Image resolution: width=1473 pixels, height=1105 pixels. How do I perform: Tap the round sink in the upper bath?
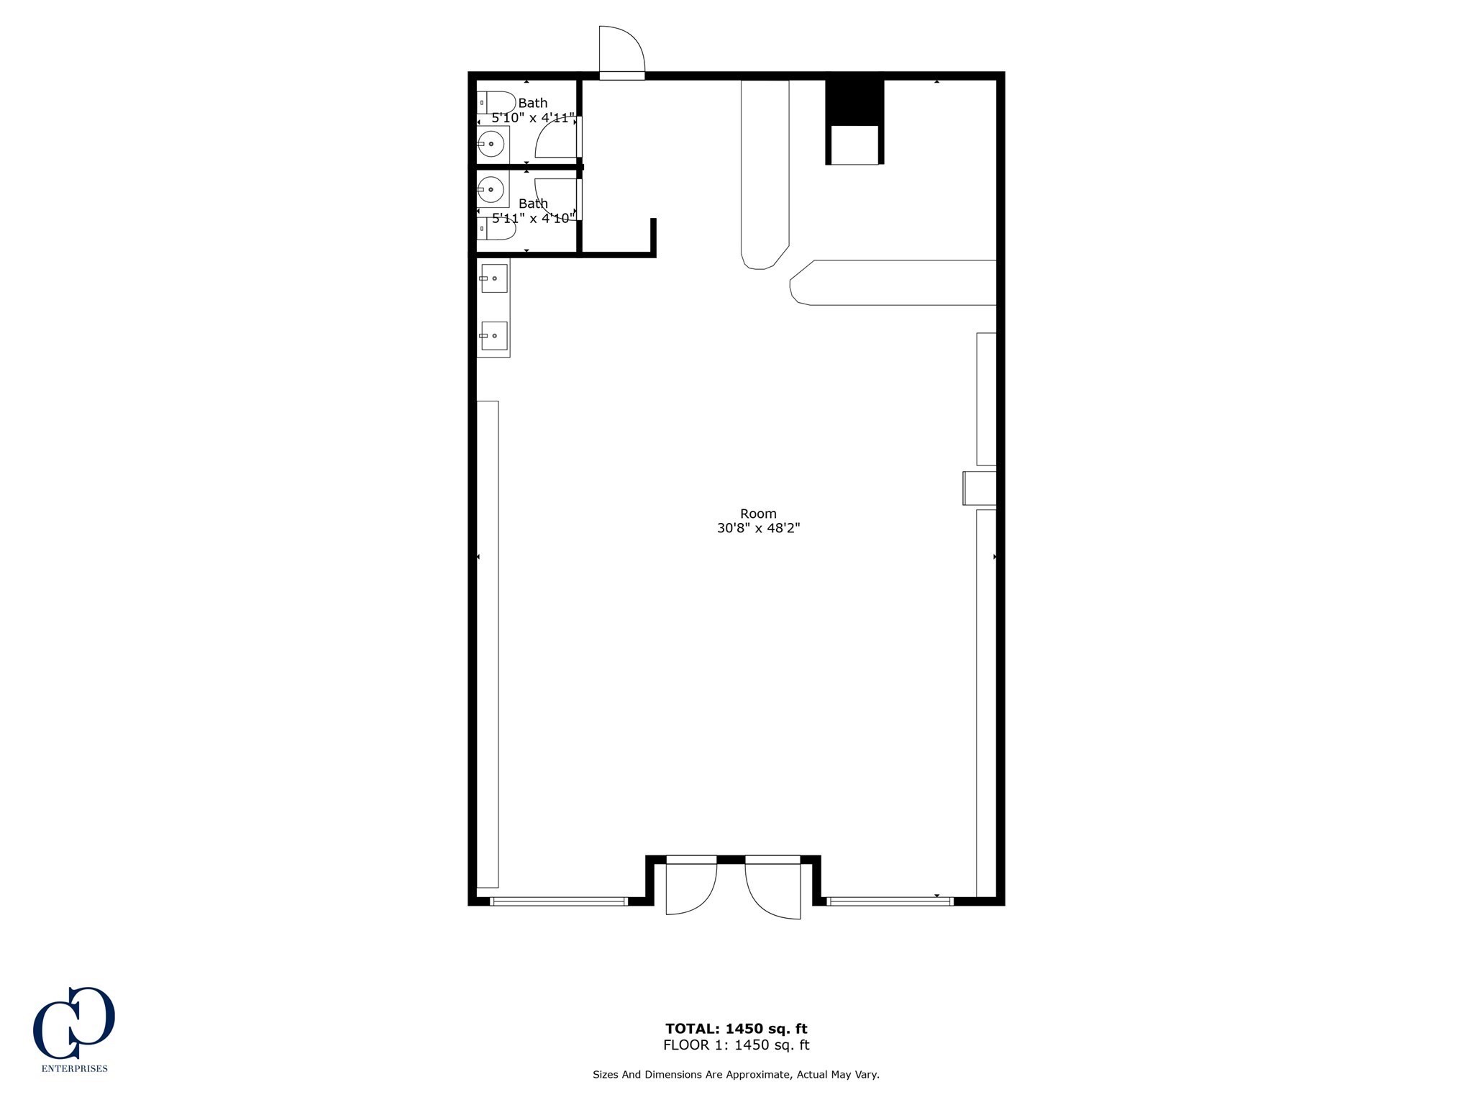click(x=491, y=145)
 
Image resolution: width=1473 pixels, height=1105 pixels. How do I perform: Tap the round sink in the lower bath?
click(x=491, y=190)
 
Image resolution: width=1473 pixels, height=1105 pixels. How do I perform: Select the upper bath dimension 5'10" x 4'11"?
click(x=533, y=118)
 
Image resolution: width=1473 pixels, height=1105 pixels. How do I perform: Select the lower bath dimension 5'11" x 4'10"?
click(x=533, y=218)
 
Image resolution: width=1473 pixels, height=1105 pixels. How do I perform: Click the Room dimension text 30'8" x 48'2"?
click(x=759, y=528)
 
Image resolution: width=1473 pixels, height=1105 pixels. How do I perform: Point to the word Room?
click(x=759, y=514)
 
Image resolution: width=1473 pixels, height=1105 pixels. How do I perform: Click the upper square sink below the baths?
click(x=494, y=278)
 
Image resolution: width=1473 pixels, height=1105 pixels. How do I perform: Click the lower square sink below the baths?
click(x=494, y=336)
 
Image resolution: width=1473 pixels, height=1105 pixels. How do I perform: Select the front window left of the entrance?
click(x=559, y=901)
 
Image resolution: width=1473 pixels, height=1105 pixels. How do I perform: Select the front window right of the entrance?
click(x=890, y=901)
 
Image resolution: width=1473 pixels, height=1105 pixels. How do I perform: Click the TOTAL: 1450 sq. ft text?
click(x=736, y=1029)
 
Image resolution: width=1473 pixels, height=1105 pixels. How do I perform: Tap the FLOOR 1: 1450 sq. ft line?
click(x=736, y=1045)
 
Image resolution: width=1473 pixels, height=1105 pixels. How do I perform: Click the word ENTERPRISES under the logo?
click(x=75, y=1069)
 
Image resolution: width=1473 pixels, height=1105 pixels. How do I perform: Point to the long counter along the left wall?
click(x=488, y=645)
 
